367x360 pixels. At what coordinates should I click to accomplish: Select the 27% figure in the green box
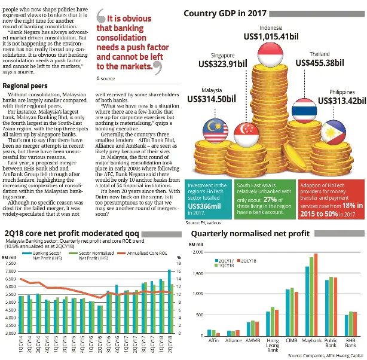271,199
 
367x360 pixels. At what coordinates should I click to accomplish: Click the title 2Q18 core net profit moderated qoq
69,231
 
